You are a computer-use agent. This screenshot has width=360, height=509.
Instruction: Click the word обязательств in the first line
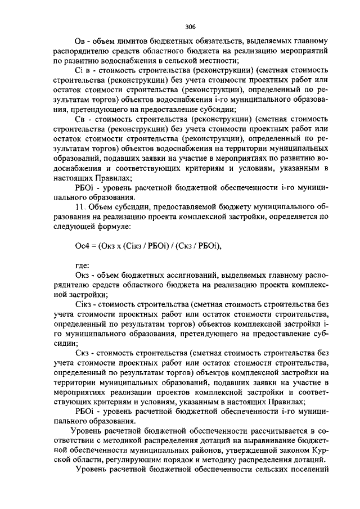click(213, 42)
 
